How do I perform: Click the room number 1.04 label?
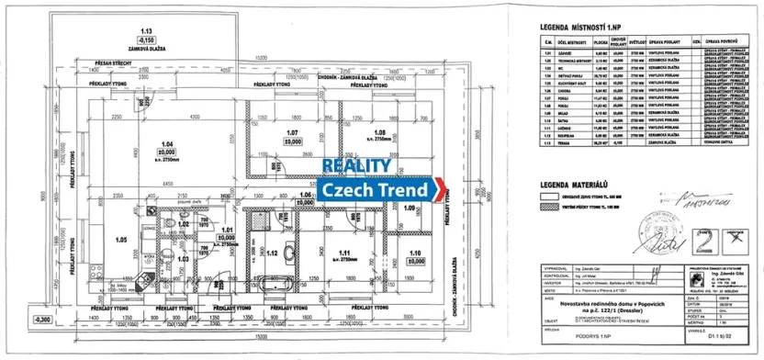coord(167,144)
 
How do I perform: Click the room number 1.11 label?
coord(345,252)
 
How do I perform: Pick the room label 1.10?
coord(414,253)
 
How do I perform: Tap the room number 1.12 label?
coord(272,253)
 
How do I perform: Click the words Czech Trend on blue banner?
coord(376,190)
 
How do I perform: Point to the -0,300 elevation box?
coord(43,319)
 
